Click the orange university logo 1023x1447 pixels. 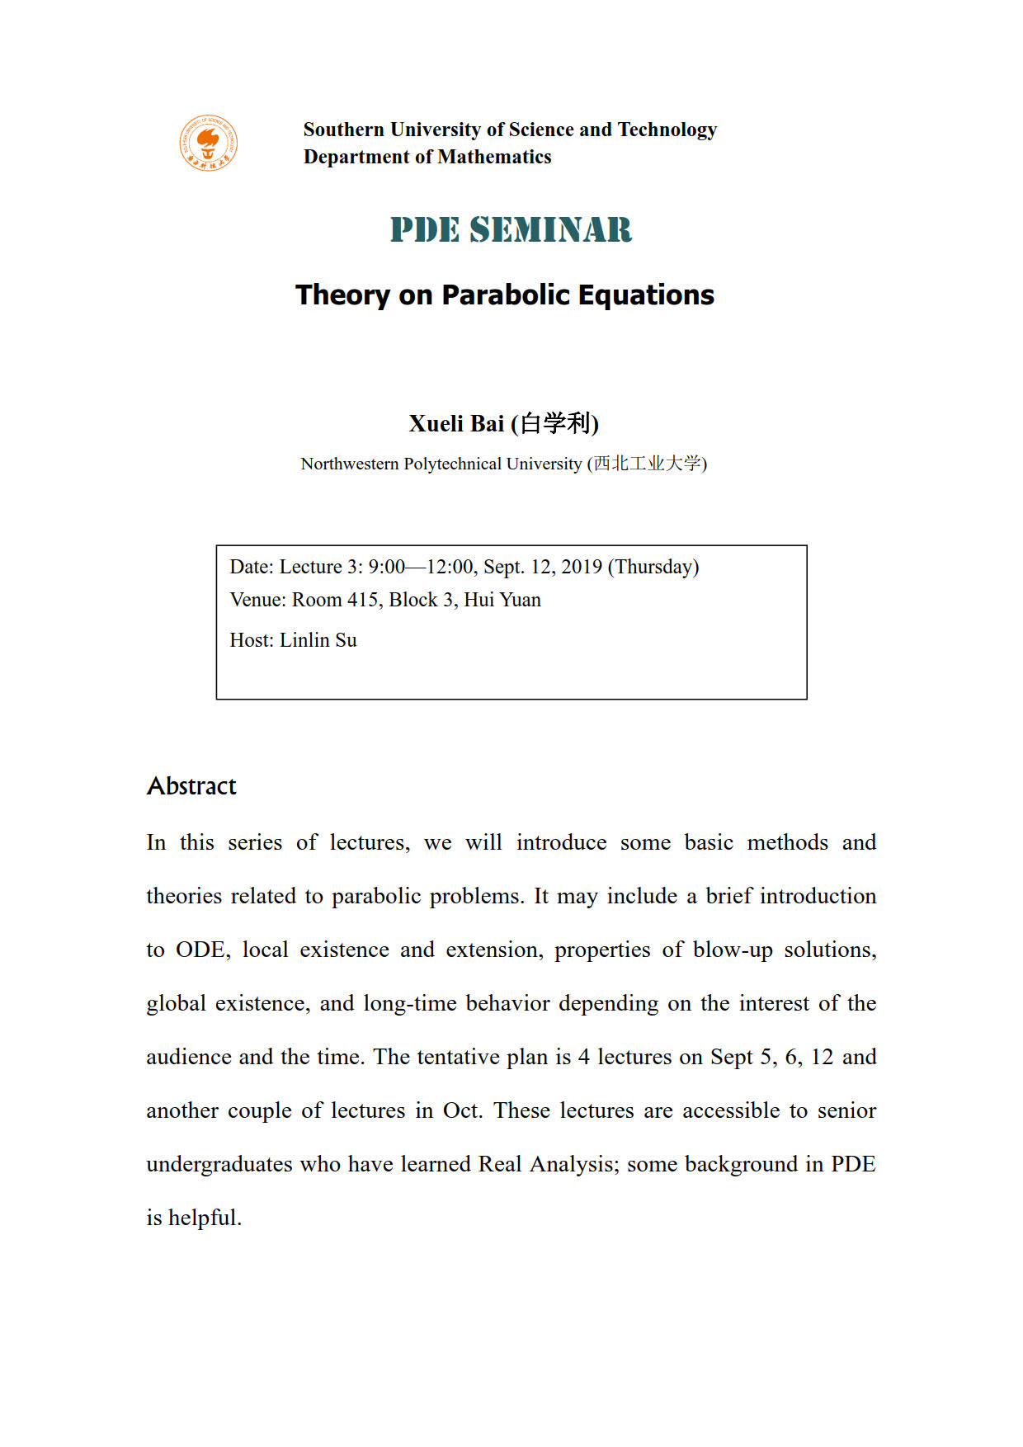[x=209, y=144]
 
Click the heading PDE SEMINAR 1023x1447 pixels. [x=511, y=230]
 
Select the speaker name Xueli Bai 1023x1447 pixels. [x=456, y=424]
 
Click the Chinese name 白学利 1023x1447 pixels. [x=554, y=424]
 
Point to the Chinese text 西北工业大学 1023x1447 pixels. [x=648, y=464]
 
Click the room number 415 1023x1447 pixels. [x=363, y=600]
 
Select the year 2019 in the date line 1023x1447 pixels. [x=582, y=567]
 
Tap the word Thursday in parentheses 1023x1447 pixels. [x=653, y=567]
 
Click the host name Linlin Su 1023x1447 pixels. [x=318, y=640]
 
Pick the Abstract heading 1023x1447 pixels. [x=191, y=786]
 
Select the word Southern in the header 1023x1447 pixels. [x=344, y=130]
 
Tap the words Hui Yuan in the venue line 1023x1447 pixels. [x=502, y=600]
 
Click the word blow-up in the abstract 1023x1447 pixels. [x=733, y=950]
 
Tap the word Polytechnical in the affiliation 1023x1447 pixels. [x=452, y=464]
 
